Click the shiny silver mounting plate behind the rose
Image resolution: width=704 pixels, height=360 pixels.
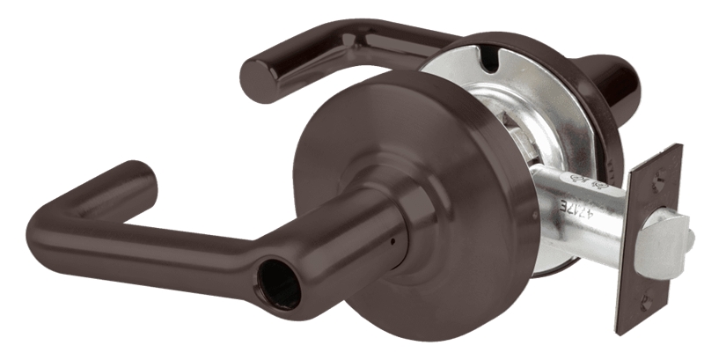528,97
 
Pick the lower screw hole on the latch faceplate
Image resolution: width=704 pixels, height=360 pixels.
646,305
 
